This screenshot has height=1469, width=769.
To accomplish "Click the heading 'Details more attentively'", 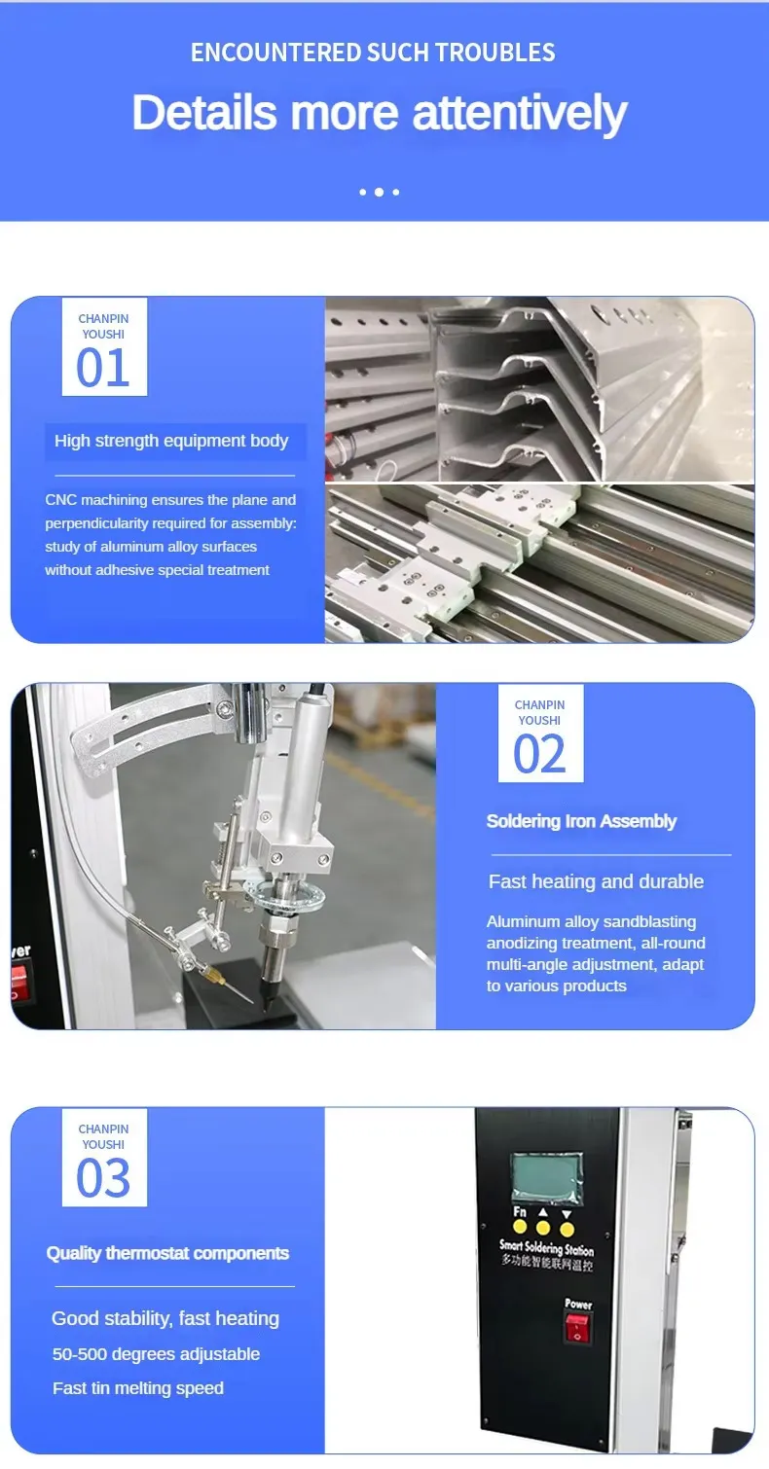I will click(x=379, y=113).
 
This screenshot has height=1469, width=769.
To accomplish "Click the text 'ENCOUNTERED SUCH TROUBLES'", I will click(x=373, y=53).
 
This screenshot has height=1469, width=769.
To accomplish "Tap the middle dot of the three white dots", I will click(x=379, y=193).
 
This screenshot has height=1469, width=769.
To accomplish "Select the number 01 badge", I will click(x=103, y=347).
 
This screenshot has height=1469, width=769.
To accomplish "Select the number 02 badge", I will click(x=539, y=734).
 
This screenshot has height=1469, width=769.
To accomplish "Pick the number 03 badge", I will click(x=103, y=1158).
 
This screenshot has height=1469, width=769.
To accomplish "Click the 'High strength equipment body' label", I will click(x=171, y=441).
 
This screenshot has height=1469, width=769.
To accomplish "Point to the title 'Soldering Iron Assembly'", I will click(x=581, y=821).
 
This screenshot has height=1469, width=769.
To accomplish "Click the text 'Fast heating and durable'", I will click(x=596, y=881).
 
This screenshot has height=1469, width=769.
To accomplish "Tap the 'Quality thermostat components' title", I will click(x=167, y=1253).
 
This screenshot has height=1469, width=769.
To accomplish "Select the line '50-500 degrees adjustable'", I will click(x=156, y=1354).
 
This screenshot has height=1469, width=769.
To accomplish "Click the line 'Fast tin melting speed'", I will click(x=138, y=1388).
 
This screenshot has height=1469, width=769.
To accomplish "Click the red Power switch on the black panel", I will click(x=578, y=1327).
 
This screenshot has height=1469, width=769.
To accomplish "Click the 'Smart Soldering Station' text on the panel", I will click(x=546, y=1247).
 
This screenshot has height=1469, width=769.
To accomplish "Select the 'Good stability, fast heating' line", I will click(x=165, y=1319).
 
